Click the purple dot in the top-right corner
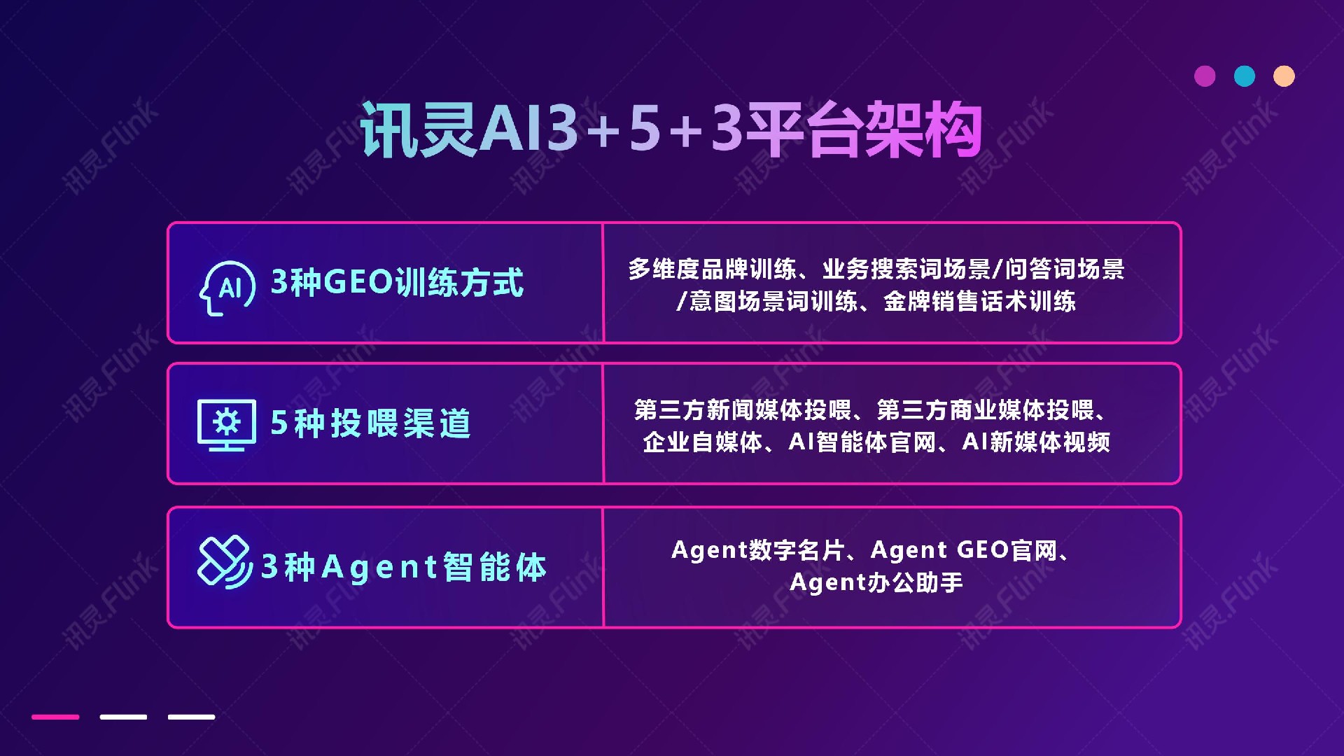tap(1205, 76)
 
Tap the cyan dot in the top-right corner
tap(1245, 76)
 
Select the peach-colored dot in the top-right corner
tap(1284, 76)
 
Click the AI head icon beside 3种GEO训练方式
tap(227, 288)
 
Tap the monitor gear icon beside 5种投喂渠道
tap(226, 424)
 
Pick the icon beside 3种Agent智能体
tap(224, 562)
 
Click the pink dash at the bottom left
tap(55, 717)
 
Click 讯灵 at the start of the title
tap(419, 130)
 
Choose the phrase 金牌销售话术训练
tap(979, 302)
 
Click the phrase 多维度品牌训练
tap(712, 269)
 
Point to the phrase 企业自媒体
tap(702, 442)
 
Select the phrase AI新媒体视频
tap(1036, 442)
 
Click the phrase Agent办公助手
tap(876, 582)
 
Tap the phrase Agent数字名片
tap(757, 550)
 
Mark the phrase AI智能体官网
tap(862, 442)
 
